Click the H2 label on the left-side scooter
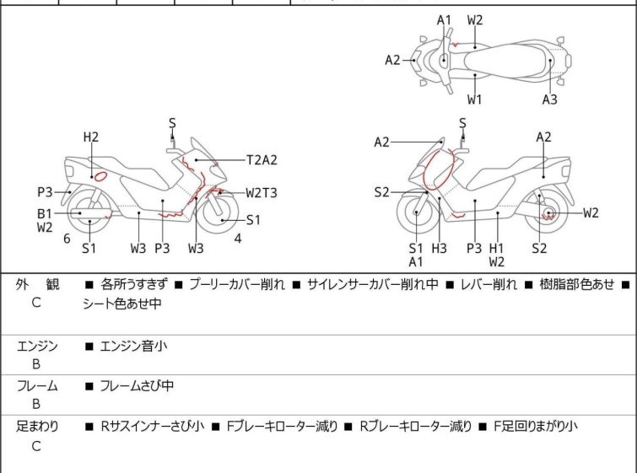91,137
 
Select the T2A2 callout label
262,160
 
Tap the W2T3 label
262,193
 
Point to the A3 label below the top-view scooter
550,99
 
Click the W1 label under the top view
474,99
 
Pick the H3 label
440,248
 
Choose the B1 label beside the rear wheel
45,213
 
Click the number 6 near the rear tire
67,239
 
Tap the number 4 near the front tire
238,239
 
